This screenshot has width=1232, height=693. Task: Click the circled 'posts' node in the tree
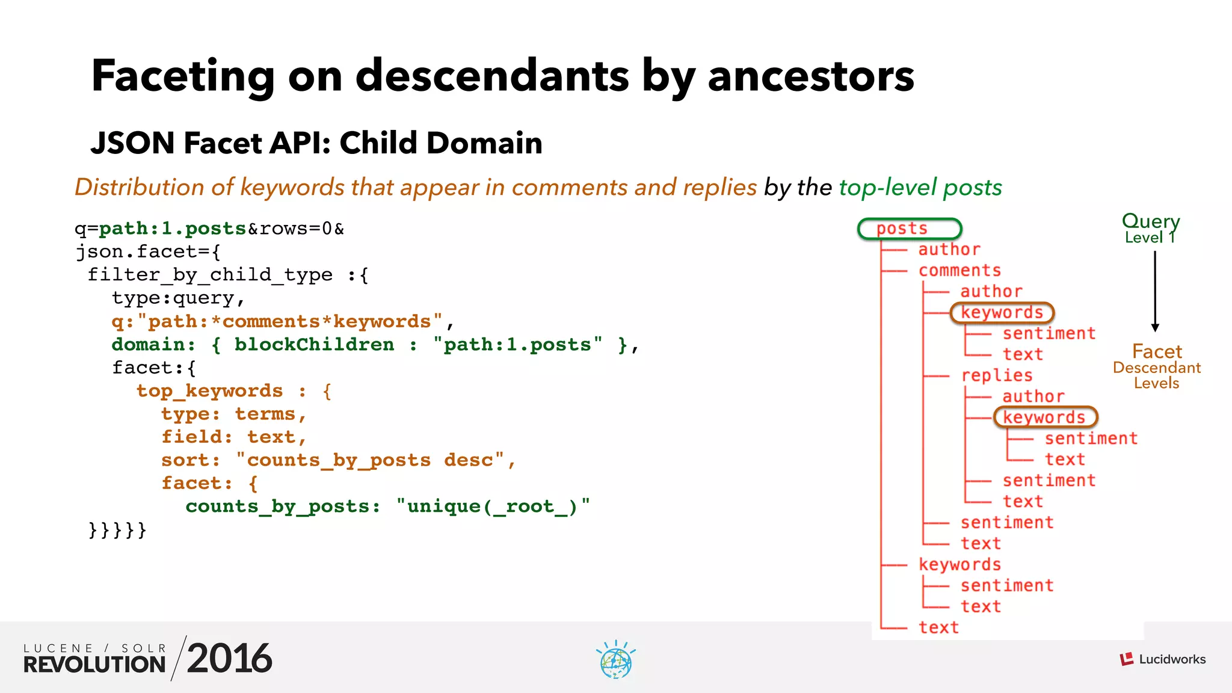coord(909,229)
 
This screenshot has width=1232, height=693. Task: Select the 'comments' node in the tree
coord(959,271)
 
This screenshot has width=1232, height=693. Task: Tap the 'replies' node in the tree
coord(996,375)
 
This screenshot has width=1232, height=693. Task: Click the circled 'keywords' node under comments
coord(1002,313)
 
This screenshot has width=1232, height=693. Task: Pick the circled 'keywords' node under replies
coord(1045,417)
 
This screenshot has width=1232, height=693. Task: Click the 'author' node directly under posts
coord(949,250)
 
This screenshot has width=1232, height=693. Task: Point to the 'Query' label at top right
coord(1150,221)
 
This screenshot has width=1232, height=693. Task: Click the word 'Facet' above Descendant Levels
coord(1156,351)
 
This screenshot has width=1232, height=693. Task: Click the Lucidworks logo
coord(1162,659)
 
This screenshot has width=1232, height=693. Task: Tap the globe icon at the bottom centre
coord(615,661)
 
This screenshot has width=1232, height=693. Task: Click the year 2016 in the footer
coord(229,659)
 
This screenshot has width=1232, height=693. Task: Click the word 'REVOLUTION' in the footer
coord(94,665)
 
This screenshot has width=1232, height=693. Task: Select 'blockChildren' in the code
coord(314,345)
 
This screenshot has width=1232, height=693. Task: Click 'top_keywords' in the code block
coord(209,391)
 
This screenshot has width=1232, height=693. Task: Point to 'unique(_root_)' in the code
coord(492,507)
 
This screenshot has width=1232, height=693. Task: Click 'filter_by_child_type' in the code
coord(210,275)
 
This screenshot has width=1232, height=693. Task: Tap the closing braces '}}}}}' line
coord(117,530)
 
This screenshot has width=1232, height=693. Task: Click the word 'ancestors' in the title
coord(810,76)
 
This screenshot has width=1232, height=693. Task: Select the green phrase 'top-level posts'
coord(920,188)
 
